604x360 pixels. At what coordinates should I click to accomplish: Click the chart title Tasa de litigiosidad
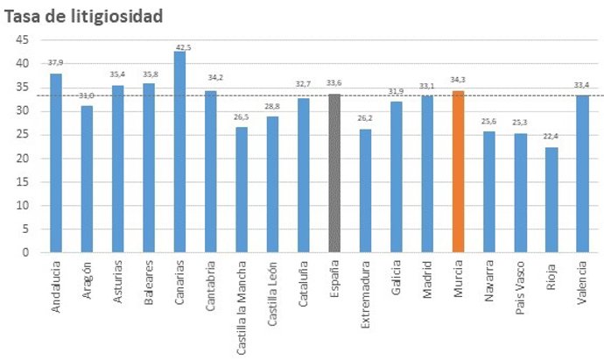84,16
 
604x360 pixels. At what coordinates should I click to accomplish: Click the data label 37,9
55,63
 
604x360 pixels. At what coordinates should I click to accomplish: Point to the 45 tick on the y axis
22,40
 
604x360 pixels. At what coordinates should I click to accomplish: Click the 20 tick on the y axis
22,159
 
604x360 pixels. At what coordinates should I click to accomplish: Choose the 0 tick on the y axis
25,253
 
